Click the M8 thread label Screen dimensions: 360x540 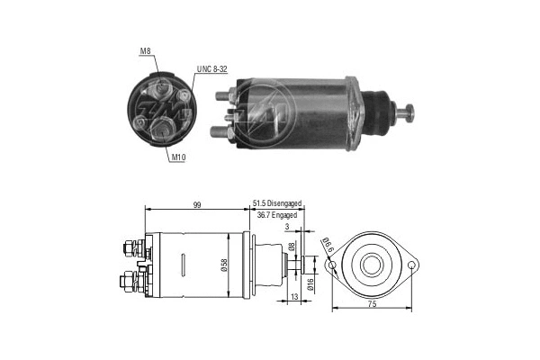[x=146, y=52]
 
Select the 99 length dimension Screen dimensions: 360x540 [x=196, y=206]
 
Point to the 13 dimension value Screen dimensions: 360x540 [x=294, y=296]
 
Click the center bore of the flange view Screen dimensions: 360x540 [x=373, y=265]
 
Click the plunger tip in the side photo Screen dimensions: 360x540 [x=410, y=112]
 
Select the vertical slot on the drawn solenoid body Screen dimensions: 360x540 [x=183, y=265]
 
